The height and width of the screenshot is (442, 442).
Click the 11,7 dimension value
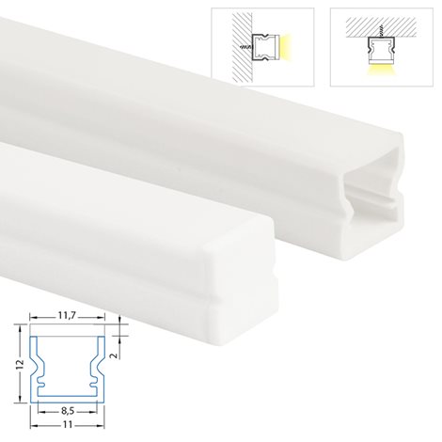[67, 316]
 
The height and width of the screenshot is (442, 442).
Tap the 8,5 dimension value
[67, 411]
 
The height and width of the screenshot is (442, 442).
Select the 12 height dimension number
[20, 364]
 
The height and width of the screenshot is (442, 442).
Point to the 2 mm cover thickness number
[115, 355]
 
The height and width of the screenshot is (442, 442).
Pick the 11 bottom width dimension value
[68, 425]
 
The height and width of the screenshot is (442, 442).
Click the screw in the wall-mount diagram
[246, 47]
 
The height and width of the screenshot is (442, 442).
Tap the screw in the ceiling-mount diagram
[382, 30]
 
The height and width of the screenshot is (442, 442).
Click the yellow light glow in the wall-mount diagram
[285, 47]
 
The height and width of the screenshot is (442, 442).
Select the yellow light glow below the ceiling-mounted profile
[382, 71]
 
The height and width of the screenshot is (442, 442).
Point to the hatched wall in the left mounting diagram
[242, 46]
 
